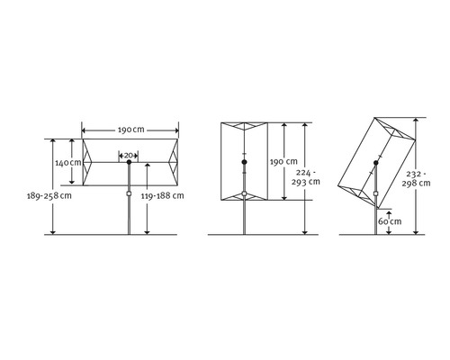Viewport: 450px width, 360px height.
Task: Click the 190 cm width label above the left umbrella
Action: pyautogui.click(x=130, y=130)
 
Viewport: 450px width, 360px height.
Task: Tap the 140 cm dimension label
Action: pyautogui.click(x=68, y=163)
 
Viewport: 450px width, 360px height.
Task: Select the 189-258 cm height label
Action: pyautogui.click(x=49, y=196)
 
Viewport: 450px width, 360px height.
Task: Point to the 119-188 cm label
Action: pyautogui.click(x=162, y=196)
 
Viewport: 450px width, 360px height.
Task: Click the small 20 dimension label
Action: pyautogui.click(x=128, y=156)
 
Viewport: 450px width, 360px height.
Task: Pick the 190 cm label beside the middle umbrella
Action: pyautogui.click(x=283, y=162)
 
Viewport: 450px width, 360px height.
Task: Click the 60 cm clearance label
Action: pyautogui.click(x=390, y=221)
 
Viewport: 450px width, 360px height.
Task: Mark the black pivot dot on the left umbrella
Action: pyautogui.click(x=129, y=162)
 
